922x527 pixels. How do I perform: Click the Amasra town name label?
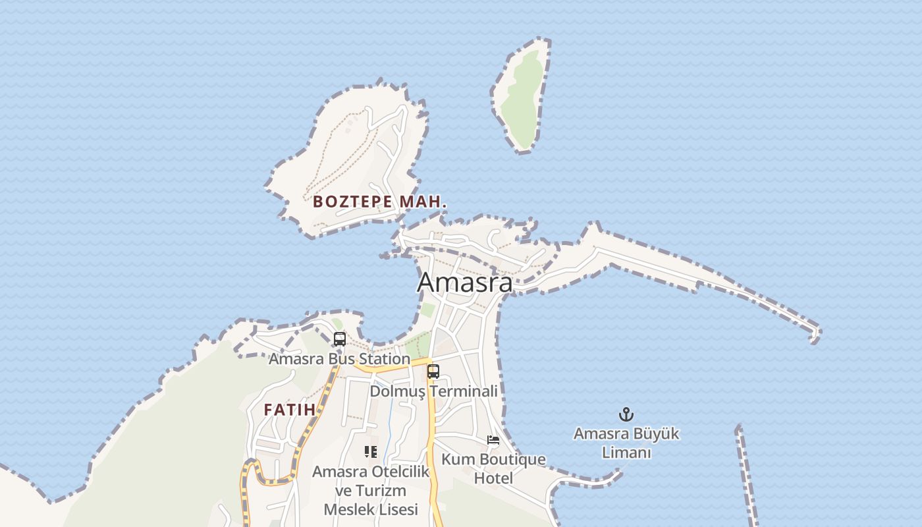(x=465, y=282)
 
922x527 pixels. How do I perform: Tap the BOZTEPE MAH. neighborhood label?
(x=380, y=202)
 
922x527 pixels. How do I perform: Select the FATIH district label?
(x=290, y=410)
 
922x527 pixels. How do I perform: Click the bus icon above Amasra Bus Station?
(x=340, y=339)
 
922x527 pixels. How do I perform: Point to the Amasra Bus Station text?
(x=339, y=359)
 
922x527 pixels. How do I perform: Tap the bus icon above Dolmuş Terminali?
(x=433, y=371)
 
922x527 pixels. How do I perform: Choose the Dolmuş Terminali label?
(x=433, y=391)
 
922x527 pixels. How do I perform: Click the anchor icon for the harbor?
(x=626, y=414)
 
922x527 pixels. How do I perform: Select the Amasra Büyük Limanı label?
(x=626, y=443)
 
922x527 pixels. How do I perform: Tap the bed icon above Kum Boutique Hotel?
(x=493, y=440)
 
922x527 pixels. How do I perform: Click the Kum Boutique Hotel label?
(x=493, y=468)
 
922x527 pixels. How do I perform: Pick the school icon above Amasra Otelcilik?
(x=371, y=452)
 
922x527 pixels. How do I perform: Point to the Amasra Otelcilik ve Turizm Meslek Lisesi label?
(x=371, y=491)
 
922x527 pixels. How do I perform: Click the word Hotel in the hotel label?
(x=493, y=478)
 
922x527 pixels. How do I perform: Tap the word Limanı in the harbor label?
(x=626, y=453)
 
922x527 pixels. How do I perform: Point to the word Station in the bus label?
(x=383, y=359)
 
